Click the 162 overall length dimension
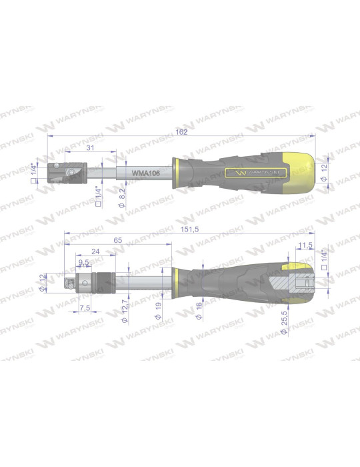(x=181, y=132)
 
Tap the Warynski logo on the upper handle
(x=257, y=172)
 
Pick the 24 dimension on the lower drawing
(x=95, y=252)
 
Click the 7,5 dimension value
(x=85, y=308)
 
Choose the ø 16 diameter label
(x=199, y=310)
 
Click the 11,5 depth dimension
(x=306, y=246)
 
